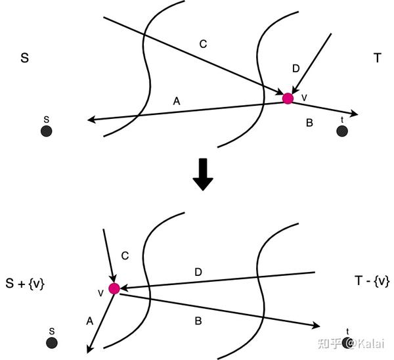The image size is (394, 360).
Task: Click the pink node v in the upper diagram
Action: point(288,99)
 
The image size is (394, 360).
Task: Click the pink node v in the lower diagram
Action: point(114,288)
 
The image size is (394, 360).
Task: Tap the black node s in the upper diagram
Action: point(47,131)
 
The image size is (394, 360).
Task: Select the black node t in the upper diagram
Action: point(342,131)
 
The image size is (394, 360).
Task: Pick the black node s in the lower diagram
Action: point(52,343)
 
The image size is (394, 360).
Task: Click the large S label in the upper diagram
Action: point(25,58)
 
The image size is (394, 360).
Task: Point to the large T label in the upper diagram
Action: point(378,58)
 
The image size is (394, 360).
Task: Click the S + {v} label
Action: point(25,284)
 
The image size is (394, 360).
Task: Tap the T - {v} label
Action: point(372,281)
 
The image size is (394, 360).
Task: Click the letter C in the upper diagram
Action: point(203,44)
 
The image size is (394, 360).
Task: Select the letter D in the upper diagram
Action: point(296,68)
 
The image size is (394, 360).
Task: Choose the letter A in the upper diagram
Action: point(177,101)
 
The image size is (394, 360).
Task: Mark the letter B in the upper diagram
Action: point(309,123)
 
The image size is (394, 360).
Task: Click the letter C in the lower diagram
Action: point(125,256)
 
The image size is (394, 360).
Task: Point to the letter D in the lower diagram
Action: point(198,272)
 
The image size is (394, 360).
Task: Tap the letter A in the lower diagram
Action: point(90,321)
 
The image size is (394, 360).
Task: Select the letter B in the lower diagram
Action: point(198,321)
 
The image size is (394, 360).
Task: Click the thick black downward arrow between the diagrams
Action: point(203,174)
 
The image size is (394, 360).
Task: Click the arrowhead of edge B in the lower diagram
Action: point(316,325)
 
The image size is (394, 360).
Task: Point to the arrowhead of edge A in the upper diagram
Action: point(91,120)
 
